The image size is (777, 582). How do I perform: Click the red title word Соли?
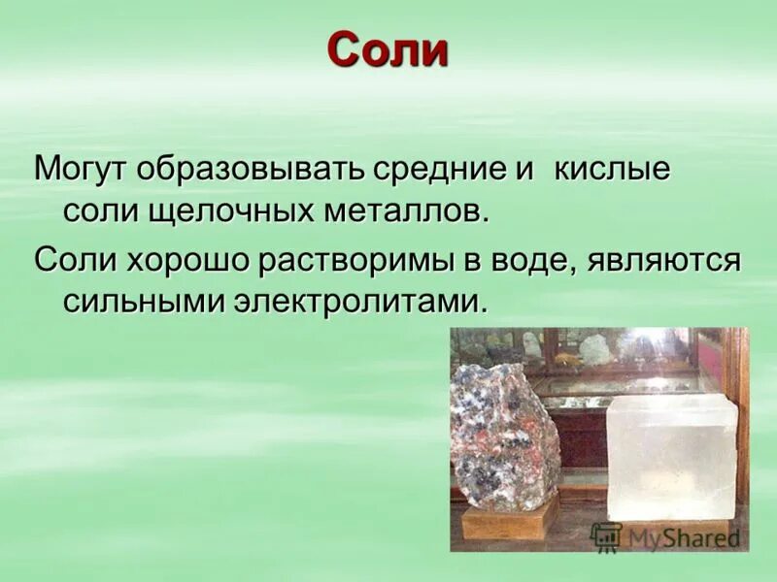pyautogui.click(x=388, y=50)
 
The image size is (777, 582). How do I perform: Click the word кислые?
pyautogui.click(x=612, y=169)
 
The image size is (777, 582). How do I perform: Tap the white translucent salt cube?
pyautogui.click(x=670, y=456)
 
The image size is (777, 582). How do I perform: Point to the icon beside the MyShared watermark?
pyautogui.click(x=606, y=536)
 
